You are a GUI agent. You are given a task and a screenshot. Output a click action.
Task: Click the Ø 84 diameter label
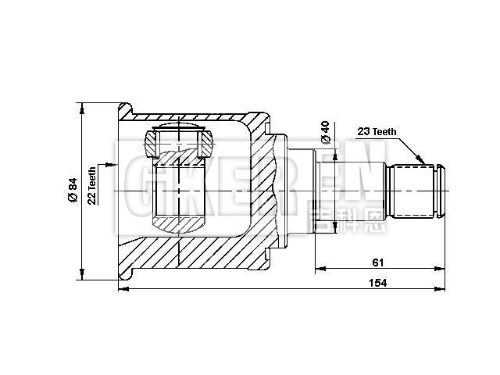tap(73, 191)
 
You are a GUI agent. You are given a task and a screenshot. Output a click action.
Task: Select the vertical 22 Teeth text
tap(92, 186)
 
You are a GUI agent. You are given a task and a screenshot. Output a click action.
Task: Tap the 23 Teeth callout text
tap(376, 132)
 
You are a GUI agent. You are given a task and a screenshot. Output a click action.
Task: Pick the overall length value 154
tap(377, 283)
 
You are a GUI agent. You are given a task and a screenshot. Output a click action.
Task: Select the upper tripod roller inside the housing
tap(180, 141)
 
